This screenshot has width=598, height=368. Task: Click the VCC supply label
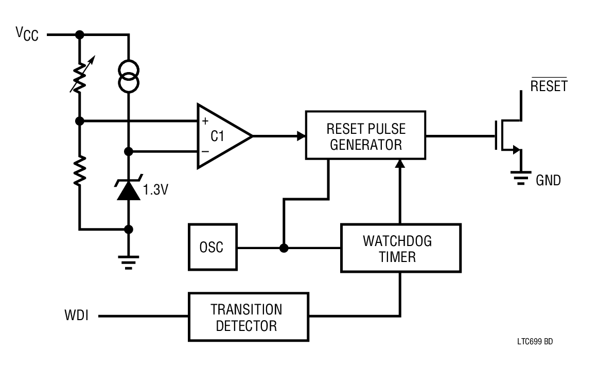pyautogui.click(x=27, y=34)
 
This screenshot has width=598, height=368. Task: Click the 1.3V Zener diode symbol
pyautogui.click(x=128, y=189)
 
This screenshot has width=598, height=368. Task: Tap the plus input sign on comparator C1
pyautogui.click(x=206, y=122)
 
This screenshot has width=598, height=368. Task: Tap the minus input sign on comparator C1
pyautogui.click(x=206, y=151)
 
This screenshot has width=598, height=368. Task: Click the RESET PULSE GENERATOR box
pyautogui.click(x=365, y=135)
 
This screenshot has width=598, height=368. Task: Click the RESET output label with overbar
pyautogui.click(x=549, y=85)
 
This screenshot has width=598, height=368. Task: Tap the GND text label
pyautogui.click(x=549, y=180)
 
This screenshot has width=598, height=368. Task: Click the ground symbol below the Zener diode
pyautogui.click(x=129, y=263)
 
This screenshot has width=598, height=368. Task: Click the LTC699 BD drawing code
pyautogui.click(x=536, y=342)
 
